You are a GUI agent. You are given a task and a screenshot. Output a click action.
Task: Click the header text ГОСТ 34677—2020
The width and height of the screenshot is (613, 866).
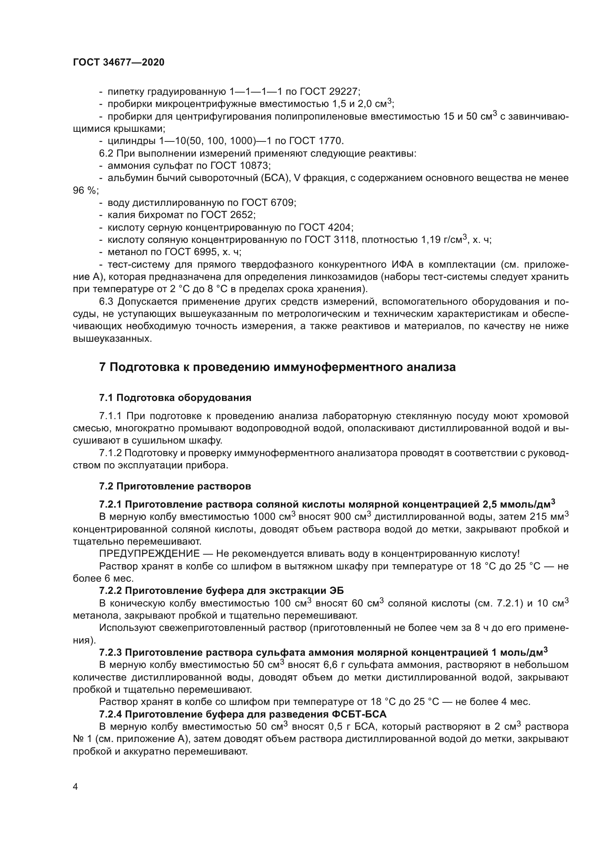tap(119, 63)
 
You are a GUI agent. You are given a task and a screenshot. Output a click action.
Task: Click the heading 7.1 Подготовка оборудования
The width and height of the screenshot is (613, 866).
tap(175, 398)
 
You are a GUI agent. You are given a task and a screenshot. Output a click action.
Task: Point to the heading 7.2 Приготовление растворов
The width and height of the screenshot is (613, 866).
tap(175, 486)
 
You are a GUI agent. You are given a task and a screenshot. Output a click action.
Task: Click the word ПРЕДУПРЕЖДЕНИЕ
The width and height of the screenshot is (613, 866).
tap(149, 554)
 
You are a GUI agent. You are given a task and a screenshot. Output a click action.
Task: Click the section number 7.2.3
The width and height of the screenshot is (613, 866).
tap(110, 652)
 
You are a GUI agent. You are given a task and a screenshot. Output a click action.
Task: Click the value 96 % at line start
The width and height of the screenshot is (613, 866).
tap(84, 191)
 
